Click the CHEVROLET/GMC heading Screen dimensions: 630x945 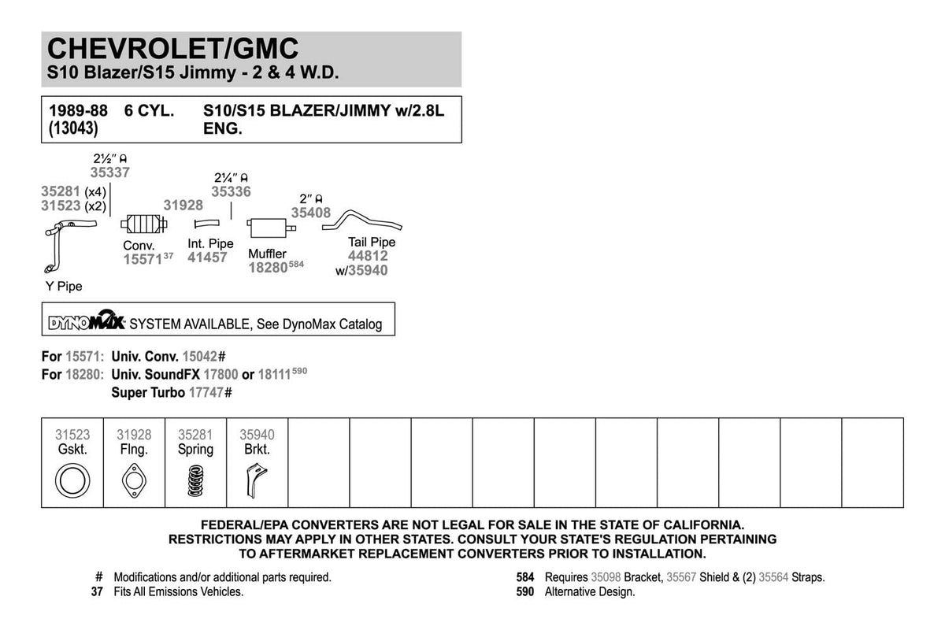point(173,49)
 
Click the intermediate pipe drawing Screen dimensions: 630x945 point(206,225)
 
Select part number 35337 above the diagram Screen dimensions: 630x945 point(110,172)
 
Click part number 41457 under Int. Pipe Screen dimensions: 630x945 point(207,258)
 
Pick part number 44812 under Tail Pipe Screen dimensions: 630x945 point(368,256)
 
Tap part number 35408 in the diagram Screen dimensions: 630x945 point(311,212)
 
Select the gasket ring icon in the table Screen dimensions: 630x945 point(72,480)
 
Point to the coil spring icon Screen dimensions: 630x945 point(195,480)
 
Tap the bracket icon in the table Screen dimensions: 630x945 point(255,479)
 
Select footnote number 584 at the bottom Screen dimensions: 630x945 point(525,577)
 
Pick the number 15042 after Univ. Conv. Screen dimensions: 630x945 point(200,356)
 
